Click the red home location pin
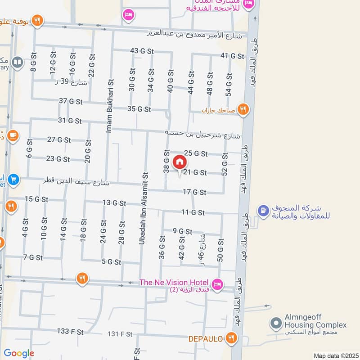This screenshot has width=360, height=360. click(179, 162)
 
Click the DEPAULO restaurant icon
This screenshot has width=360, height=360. click(231, 337)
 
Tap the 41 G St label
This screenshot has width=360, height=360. click(232, 56)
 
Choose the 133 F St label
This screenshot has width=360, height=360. click(70, 332)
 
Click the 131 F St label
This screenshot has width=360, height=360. click(120, 334)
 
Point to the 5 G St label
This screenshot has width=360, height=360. click(112, 262)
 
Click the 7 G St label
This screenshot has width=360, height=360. click(33, 258)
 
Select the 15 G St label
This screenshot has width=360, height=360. click(36, 199)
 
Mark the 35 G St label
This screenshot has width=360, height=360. click(139, 109)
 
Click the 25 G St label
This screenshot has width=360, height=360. click(195, 154)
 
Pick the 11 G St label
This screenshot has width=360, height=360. click(193, 212)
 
